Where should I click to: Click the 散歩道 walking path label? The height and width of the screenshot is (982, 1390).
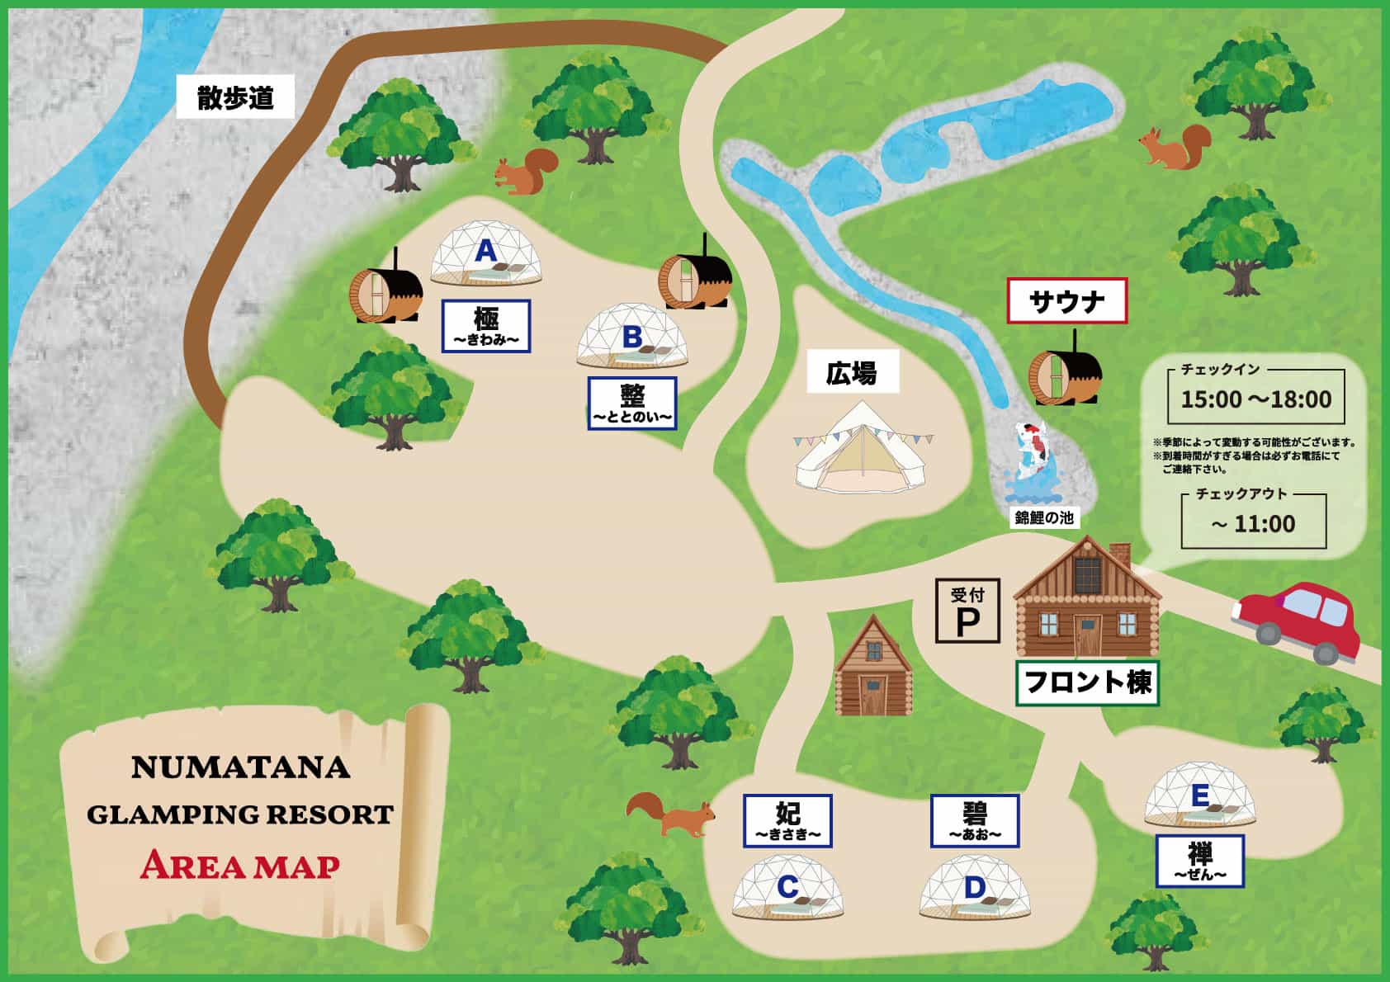[235, 98]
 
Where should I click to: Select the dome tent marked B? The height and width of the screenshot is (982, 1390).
[632, 338]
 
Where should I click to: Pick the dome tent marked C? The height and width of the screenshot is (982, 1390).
[788, 888]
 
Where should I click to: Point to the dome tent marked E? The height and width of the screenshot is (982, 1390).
[1200, 797]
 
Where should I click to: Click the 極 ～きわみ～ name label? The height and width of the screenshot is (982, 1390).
[486, 326]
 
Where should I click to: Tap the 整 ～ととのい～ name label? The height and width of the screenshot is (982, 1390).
[632, 404]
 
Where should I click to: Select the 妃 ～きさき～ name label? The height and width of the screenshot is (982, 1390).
[787, 820]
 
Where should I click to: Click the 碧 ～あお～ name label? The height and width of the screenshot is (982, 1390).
[975, 820]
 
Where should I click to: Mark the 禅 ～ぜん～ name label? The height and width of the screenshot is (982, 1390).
[1200, 860]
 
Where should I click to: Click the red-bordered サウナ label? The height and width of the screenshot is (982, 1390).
[1067, 301]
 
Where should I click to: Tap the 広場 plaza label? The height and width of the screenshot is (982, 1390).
[851, 374]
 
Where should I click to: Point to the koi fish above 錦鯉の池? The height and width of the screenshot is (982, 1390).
[1030, 450]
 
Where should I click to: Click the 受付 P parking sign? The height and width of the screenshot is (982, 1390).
[967, 611]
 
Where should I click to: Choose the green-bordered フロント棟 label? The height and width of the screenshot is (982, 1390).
[1087, 682]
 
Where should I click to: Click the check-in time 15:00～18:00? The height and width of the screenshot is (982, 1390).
[1255, 399]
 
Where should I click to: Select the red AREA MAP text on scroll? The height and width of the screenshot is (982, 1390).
[240, 866]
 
